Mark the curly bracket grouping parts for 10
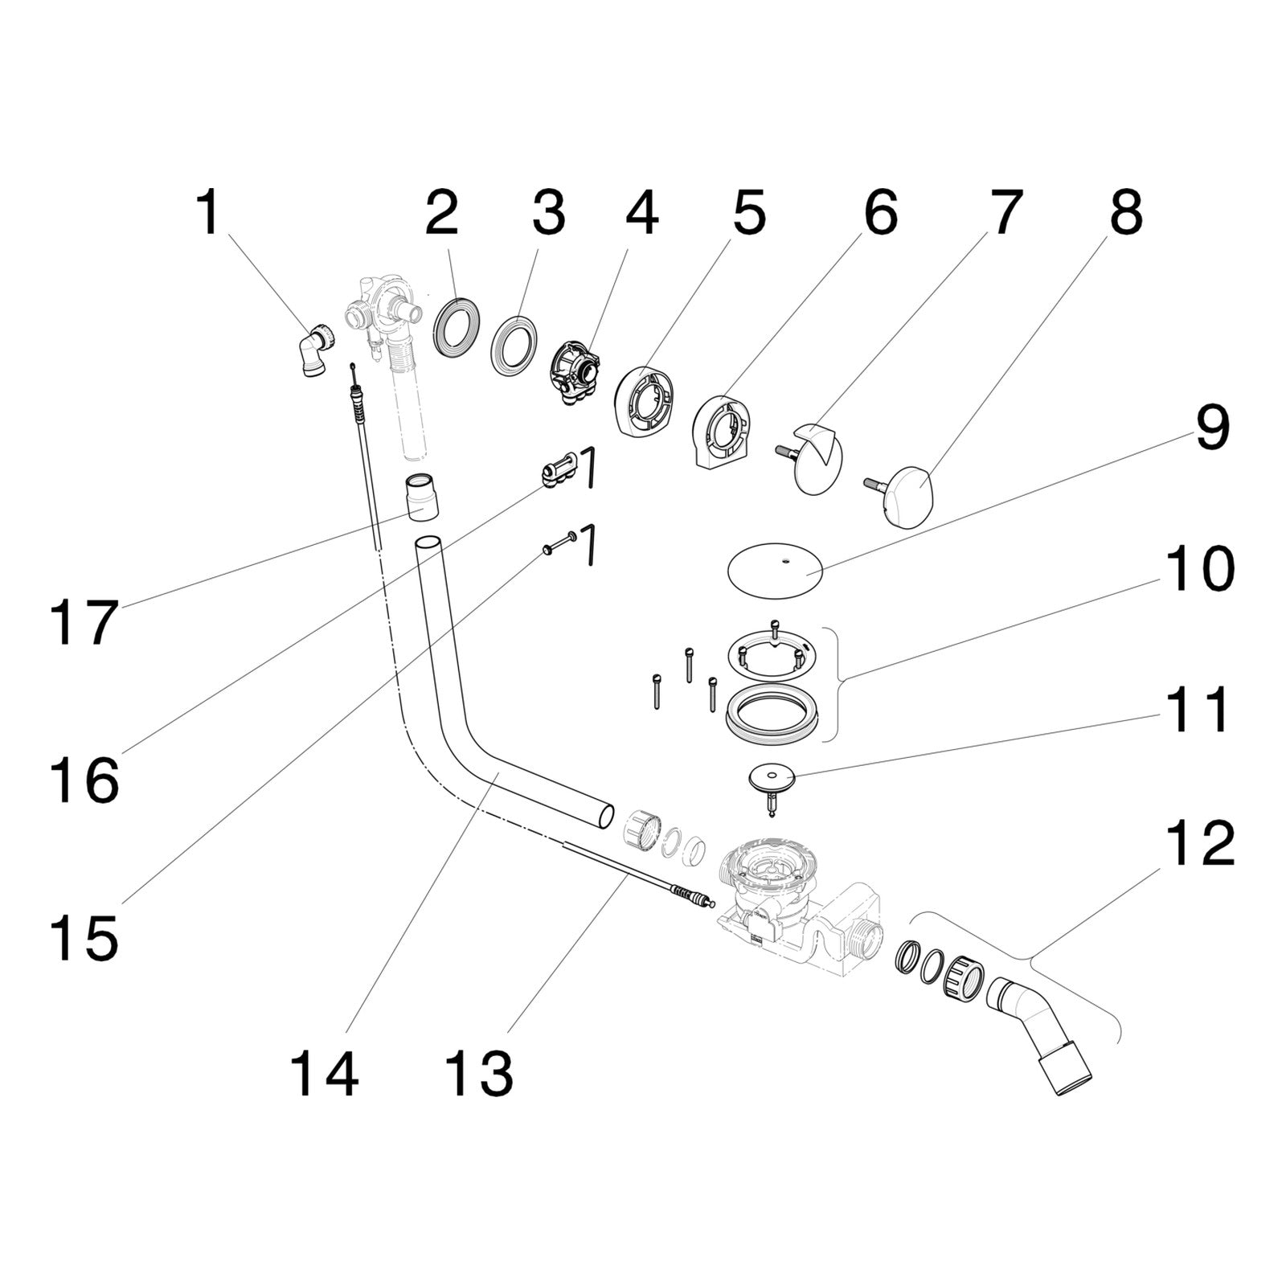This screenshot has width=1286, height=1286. click(x=833, y=682)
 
